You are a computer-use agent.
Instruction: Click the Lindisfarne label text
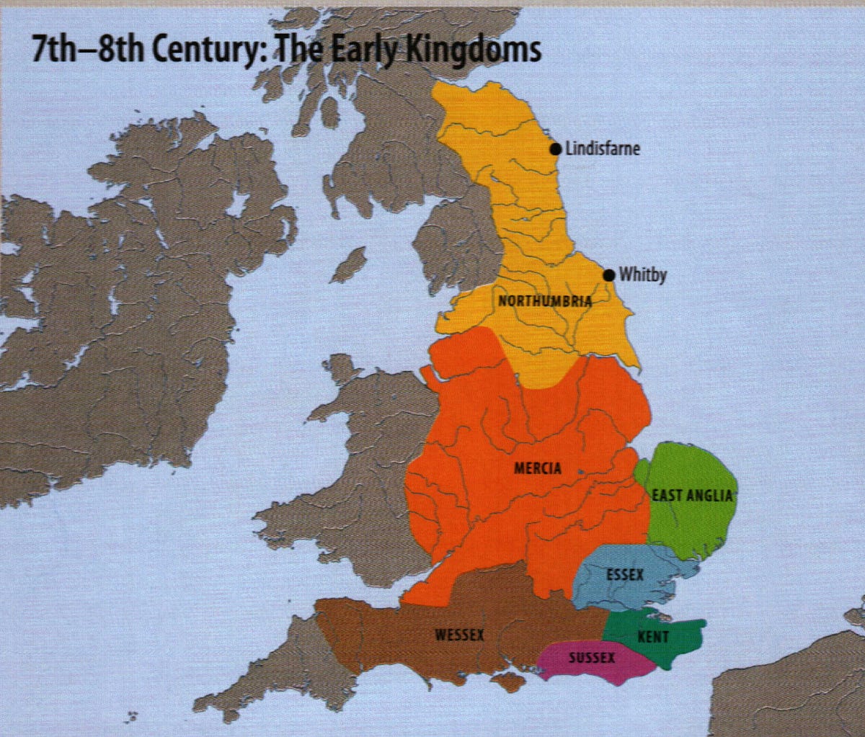pos(603,149)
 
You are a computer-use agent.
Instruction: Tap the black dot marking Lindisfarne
pos(555,148)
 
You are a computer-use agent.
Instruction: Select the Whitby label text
pos(642,275)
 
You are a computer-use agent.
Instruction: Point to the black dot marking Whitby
pos(609,274)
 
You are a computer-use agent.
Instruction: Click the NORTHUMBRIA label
pos(545,301)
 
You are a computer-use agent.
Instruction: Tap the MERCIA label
pos(537,468)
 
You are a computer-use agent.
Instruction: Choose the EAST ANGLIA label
pos(692,496)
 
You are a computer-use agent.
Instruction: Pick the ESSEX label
pos(625,575)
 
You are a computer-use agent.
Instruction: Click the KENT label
pos(653,637)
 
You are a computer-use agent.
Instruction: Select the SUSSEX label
pos(592,658)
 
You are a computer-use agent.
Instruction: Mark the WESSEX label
pos(459,635)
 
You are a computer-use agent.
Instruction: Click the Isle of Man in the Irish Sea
pos(349,266)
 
